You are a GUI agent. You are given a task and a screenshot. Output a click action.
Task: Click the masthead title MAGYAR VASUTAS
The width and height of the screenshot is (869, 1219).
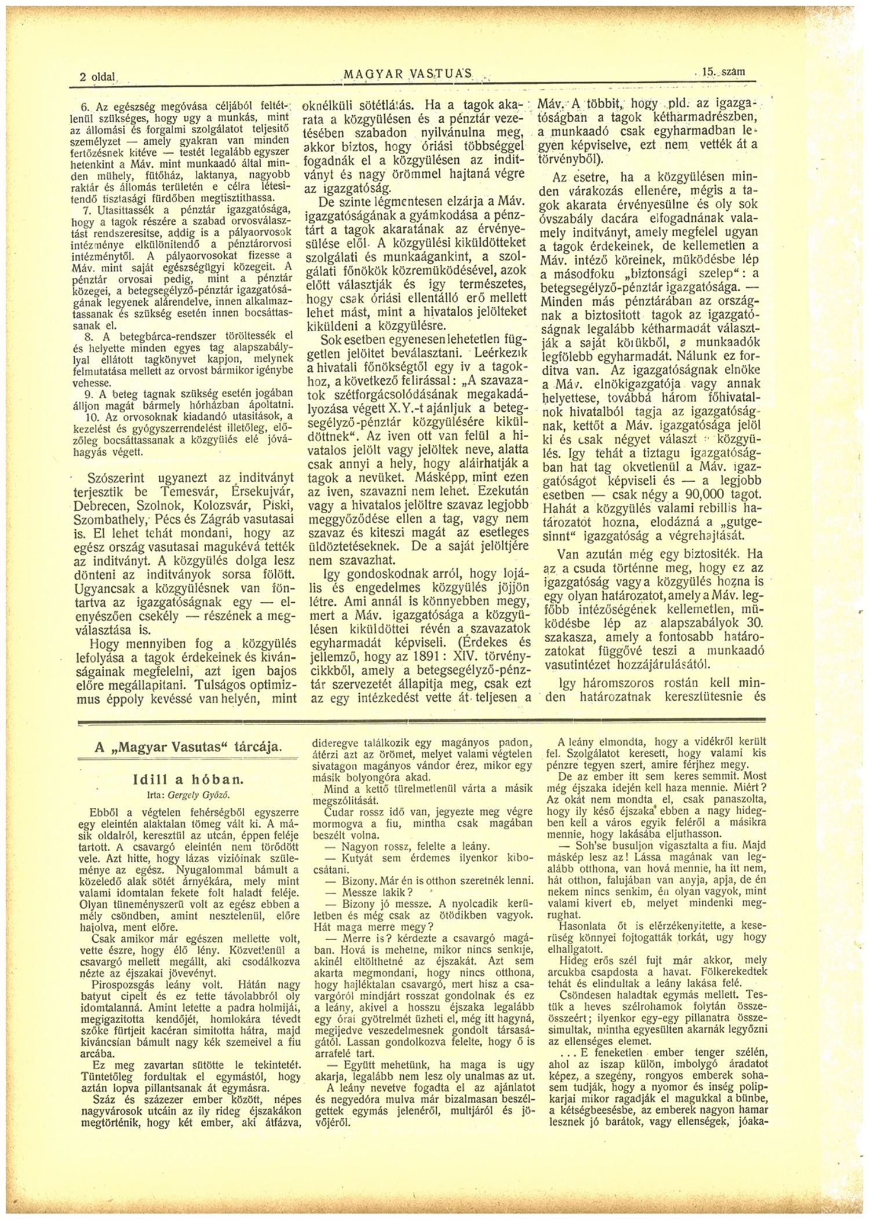tap(408, 74)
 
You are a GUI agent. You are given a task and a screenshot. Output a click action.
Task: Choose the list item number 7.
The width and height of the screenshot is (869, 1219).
tap(89, 210)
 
